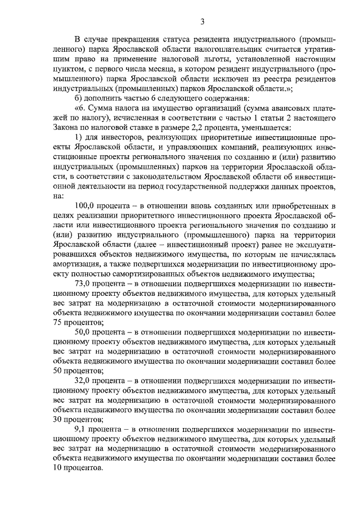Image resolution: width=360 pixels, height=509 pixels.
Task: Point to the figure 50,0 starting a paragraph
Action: (83, 332)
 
